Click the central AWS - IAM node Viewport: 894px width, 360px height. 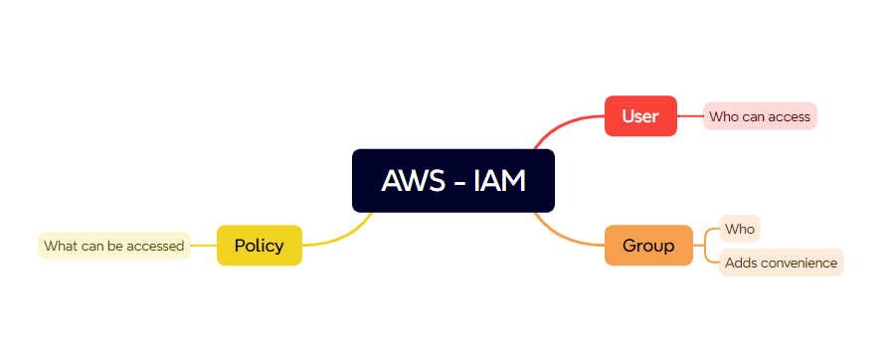click(452, 181)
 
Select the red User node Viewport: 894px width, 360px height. click(640, 116)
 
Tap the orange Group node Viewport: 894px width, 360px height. click(648, 246)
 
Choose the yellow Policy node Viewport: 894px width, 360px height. click(259, 246)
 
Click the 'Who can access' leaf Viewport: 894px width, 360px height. click(760, 116)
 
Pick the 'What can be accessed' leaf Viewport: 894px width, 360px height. click(114, 246)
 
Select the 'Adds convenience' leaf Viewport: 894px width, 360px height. click(781, 263)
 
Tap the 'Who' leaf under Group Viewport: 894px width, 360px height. click(740, 230)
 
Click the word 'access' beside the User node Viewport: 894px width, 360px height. click(790, 116)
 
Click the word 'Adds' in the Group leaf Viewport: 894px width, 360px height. click(741, 263)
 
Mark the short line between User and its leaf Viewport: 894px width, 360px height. click(690, 116)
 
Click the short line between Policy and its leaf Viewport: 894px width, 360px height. click(204, 246)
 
